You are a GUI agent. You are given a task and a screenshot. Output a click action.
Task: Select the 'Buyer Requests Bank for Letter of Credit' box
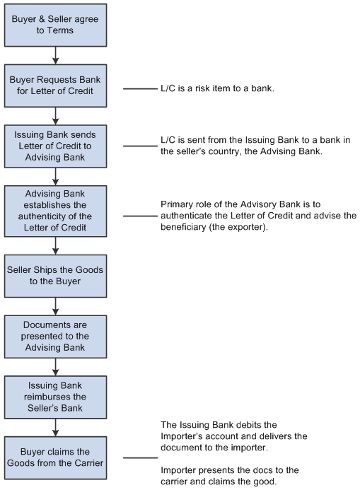tap(55, 89)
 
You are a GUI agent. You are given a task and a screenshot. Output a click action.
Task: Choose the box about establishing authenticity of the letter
tap(55, 210)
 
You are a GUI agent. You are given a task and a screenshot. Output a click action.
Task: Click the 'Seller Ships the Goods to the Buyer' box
tap(55, 276)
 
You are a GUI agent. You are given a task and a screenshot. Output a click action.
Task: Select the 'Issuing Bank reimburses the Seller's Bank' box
tap(55, 397)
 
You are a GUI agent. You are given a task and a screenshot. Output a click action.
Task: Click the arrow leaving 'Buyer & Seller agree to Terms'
tap(55, 56)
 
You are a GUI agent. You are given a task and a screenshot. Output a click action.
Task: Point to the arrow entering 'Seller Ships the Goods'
tap(55, 245)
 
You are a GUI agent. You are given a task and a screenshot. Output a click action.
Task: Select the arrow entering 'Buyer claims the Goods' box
tap(55, 429)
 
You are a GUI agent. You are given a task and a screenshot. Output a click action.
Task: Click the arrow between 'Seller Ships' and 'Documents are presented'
tap(55, 306)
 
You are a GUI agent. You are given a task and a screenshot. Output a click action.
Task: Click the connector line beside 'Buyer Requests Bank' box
tap(139, 89)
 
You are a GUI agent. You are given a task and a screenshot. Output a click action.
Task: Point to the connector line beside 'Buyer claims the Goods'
tap(139, 457)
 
